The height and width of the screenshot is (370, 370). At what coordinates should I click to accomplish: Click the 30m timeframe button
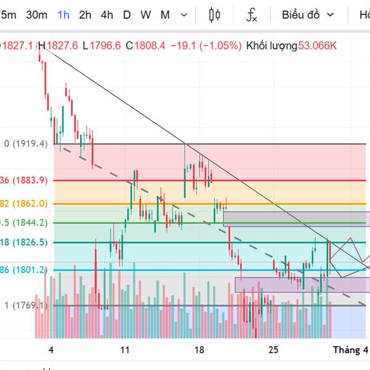click(x=36, y=15)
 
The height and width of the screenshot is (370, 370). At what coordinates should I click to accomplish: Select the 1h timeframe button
click(x=64, y=15)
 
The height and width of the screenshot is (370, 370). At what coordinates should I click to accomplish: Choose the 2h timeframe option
click(x=85, y=15)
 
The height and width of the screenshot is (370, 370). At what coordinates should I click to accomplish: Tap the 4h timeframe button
click(x=107, y=15)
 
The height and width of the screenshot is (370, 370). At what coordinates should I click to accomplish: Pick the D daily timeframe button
click(x=127, y=15)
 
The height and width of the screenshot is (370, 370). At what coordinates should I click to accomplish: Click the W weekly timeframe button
click(x=146, y=15)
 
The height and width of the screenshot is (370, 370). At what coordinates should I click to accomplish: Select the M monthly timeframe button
click(x=165, y=15)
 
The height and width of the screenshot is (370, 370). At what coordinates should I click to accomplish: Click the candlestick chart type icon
click(x=215, y=15)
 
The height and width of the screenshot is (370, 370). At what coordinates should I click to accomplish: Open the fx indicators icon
click(x=252, y=15)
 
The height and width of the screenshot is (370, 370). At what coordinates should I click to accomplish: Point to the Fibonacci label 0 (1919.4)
click(x=25, y=144)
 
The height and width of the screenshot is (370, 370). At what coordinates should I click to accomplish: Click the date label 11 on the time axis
click(x=125, y=350)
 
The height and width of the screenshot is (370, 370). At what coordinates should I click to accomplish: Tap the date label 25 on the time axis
click(x=274, y=350)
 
